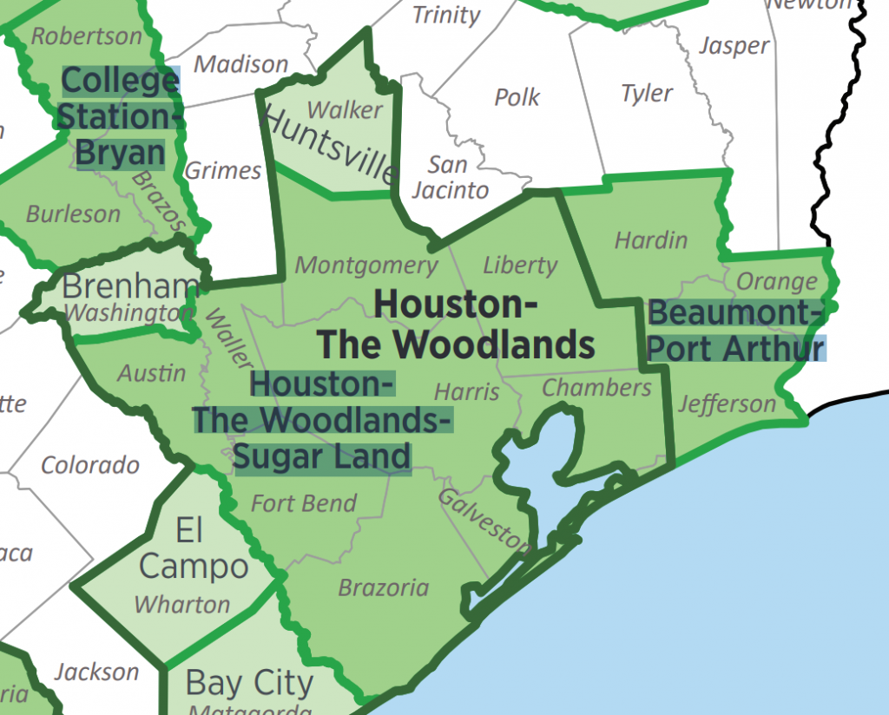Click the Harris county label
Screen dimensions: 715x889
coord(467,392)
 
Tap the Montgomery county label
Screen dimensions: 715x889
coord(366,266)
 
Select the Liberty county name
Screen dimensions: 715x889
coord(520,265)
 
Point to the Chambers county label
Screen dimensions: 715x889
coord(596,387)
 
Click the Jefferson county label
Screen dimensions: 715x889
coord(727,403)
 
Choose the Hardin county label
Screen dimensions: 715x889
coord(651,240)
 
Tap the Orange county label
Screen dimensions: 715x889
coord(777,282)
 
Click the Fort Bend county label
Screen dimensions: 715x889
coord(304,503)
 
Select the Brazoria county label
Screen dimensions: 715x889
coord(383,587)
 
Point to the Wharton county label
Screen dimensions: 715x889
coord(182,604)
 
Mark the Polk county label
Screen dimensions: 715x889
coord(517,96)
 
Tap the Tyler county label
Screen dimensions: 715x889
coord(647,93)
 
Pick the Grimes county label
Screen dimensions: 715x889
coord(223,170)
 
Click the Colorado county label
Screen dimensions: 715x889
coord(90,465)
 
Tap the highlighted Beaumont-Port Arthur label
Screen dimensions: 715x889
coord(736,331)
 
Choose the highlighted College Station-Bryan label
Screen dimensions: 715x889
coord(120,117)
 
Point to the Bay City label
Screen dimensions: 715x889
coord(249,683)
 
